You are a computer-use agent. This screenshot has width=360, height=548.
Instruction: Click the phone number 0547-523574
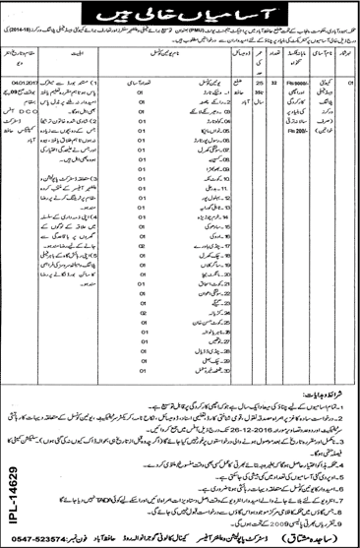[41, 537]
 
